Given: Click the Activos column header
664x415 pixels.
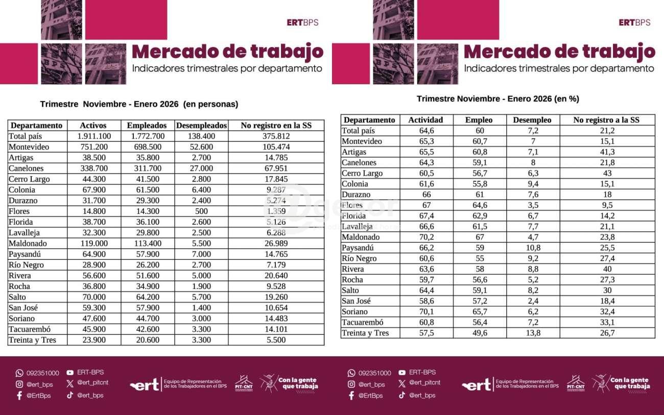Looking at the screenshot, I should click(x=93, y=125).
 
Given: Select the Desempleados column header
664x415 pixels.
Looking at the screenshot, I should click(x=201, y=125).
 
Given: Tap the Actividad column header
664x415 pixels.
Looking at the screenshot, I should click(x=425, y=120).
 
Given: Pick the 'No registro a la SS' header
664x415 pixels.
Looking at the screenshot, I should click(x=606, y=120).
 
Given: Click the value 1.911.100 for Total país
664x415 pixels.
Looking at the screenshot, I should click(x=93, y=136).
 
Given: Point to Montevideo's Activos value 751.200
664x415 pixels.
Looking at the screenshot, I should click(x=93, y=147).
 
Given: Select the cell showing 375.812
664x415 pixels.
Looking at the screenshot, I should click(x=276, y=136).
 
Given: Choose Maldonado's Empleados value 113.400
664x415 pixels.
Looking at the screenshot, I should click(x=147, y=243).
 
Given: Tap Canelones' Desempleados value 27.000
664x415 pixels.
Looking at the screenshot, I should click(x=201, y=168).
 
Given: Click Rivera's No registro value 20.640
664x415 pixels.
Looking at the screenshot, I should click(x=276, y=276).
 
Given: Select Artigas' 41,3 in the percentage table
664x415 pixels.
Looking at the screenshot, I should click(x=606, y=152).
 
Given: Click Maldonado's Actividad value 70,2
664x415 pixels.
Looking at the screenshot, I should click(x=425, y=237).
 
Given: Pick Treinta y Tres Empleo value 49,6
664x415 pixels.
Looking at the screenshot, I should click(x=479, y=333).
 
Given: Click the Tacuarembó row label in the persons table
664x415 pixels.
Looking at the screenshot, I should click(x=30, y=329).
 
